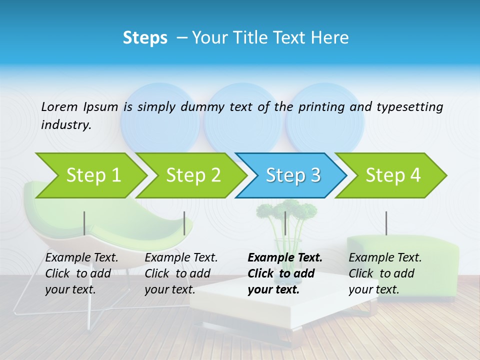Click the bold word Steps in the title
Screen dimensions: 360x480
click(145, 38)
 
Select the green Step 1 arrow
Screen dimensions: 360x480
click(90, 175)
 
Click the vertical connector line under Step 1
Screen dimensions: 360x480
click(84, 223)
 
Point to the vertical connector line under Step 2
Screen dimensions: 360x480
click(184, 223)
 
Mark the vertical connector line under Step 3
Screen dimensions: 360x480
click(285, 223)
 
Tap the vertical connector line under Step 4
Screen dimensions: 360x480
click(386, 223)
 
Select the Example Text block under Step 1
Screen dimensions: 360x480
click(81, 273)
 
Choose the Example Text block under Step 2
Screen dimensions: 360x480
click(181, 273)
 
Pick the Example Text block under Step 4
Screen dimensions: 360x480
click(384, 273)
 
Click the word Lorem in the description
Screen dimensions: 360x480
click(59, 106)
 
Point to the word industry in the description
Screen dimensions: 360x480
click(66, 125)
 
